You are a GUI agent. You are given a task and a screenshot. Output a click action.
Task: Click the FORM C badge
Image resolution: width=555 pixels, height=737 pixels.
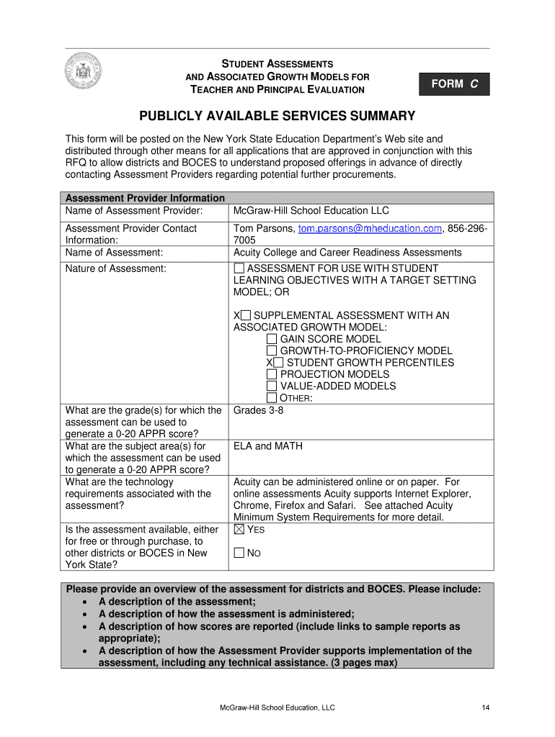pyautogui.click(x=454, y=84)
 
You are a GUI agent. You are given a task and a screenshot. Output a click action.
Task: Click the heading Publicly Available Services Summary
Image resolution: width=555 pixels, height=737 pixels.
pyautogui.click(x=277, y=116)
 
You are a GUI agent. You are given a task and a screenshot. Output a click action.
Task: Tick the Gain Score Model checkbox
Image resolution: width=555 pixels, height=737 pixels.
pyautogui.click(x=271, y=339)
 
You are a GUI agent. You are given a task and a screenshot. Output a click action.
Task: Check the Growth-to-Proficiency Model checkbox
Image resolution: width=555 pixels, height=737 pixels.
pyautogui.click(x=271, y=351)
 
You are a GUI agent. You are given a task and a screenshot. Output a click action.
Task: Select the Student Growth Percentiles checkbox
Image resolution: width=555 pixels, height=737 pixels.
pyautogui.click(x=278, y=363)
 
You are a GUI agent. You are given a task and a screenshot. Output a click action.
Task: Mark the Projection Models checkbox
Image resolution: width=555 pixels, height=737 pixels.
pyautogui.click(x=271, y=374)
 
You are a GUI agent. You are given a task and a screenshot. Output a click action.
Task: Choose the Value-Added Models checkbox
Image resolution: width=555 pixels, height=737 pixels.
pyautogui.click(x=271, y=386)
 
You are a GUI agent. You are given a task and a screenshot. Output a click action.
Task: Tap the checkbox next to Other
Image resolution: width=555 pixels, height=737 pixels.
pyautogui.click(x=271, y=398)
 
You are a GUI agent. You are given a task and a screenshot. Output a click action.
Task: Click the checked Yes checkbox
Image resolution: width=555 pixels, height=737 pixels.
pyautogui.click(x=239, y=530)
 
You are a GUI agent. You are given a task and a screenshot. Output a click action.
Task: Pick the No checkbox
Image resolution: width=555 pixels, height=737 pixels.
pyautogui.click(x=239, y=553)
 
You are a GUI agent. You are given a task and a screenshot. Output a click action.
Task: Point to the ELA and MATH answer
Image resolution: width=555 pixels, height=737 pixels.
pyautogui.click(x=268, y=446)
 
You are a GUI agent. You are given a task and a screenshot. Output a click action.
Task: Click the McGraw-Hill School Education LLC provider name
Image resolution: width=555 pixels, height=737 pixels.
pyautogui.click(x=311, y=210)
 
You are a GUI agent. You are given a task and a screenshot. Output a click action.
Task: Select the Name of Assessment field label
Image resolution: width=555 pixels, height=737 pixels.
pyautogui.click(x=114, y=253)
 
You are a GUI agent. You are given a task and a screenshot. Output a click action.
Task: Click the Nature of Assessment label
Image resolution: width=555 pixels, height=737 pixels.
pyautogui.click(x=115, y=268)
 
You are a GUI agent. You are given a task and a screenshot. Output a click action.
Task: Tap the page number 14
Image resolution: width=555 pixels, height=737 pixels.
pyautogui.click(x=486, y=708)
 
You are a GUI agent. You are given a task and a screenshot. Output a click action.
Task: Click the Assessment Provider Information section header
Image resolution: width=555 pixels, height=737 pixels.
pyautogui.click(x=145, y=198)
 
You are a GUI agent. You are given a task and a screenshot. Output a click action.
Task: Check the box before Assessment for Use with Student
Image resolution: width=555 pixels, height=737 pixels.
pyautogui.click(x=239, y=268)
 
